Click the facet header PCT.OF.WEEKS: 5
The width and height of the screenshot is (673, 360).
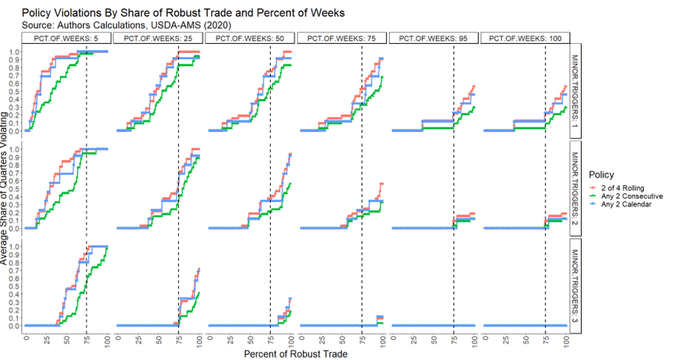(66, 38)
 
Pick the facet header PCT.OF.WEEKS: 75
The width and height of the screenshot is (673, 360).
(341, 38)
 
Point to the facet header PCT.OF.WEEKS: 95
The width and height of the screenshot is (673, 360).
(434, 38)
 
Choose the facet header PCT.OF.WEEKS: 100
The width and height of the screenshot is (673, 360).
(526, 38)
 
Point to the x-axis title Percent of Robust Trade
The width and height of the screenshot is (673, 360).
(295, 354)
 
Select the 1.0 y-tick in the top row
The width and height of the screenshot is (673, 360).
(15, 52)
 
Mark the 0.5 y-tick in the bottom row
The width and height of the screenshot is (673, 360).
(15, 286)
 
